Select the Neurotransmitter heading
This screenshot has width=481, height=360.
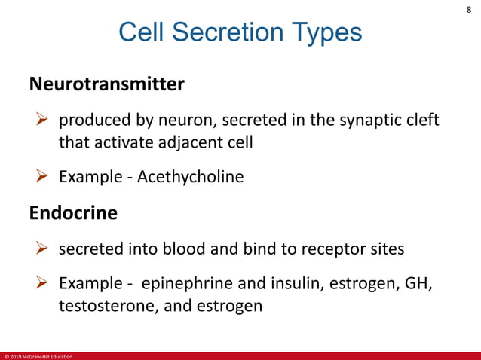click(x=106, y=84)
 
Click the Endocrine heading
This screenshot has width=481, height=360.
click(x=73, y=213)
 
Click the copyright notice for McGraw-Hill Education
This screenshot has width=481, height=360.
click(x=38, y=355)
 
